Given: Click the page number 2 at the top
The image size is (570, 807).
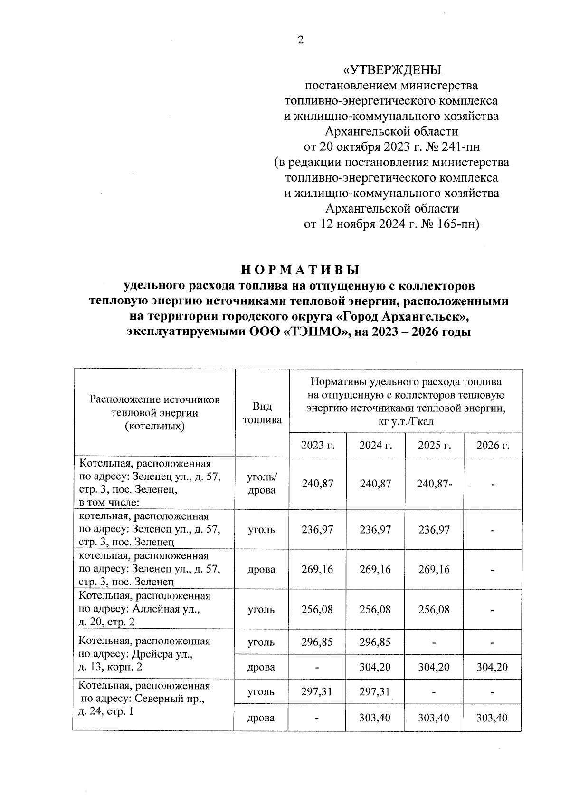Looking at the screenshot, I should pos(300,40).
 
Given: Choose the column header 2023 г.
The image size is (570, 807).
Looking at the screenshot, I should pos(317,446).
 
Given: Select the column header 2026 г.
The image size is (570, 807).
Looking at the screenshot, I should pos(493,446).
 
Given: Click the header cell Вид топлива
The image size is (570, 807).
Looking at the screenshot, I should pos(262,413).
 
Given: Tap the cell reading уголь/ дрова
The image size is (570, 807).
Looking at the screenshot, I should pos(262,484).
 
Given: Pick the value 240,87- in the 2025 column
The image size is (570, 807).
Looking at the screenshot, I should pos(434,484).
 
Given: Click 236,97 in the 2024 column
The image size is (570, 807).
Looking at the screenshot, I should pos(375,530).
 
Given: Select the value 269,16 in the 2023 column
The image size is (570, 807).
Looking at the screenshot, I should pos(317,569).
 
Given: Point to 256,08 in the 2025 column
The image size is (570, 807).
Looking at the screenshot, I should pos(434,609).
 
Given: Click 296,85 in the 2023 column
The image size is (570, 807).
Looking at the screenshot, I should pos(317,642).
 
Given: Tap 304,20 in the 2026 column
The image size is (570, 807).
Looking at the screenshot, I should pos(492,667).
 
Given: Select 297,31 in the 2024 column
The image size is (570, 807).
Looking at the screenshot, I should pos(375,692).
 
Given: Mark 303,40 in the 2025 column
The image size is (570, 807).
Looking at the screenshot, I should pos(434,717).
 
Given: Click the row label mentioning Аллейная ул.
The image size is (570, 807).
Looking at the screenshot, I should pos(144,609).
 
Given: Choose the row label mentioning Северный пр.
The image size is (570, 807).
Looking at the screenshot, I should pos(144,699).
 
